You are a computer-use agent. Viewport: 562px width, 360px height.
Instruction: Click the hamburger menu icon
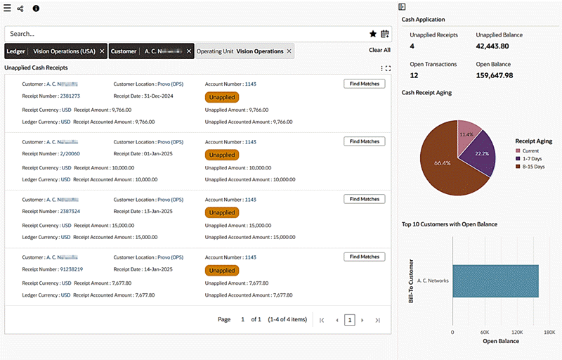coord(7,8)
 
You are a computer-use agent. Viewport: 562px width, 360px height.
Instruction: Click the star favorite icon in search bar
coord(373,33)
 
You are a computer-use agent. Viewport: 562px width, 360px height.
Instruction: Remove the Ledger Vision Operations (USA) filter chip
coord(102,51)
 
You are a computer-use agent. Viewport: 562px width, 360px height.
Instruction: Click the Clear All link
coord(379,51)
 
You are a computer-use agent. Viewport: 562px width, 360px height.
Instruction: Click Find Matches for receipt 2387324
coord(365,199)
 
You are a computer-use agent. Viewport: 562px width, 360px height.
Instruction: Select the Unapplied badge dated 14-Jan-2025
coord(222,270)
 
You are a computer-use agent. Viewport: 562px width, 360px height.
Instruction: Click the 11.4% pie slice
coord(466,135)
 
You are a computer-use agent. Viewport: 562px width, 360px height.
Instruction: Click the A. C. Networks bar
coord(495,281)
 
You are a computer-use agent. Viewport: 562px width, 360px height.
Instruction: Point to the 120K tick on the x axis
coord(517,332)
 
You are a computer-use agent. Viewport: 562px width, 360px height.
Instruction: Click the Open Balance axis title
coord(501,342)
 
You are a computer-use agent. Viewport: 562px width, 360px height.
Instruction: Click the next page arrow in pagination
coord(362,320)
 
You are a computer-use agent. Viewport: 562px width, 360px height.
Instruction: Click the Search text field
coord(183,34)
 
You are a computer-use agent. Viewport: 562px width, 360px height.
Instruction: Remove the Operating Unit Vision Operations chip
coord(289,51)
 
